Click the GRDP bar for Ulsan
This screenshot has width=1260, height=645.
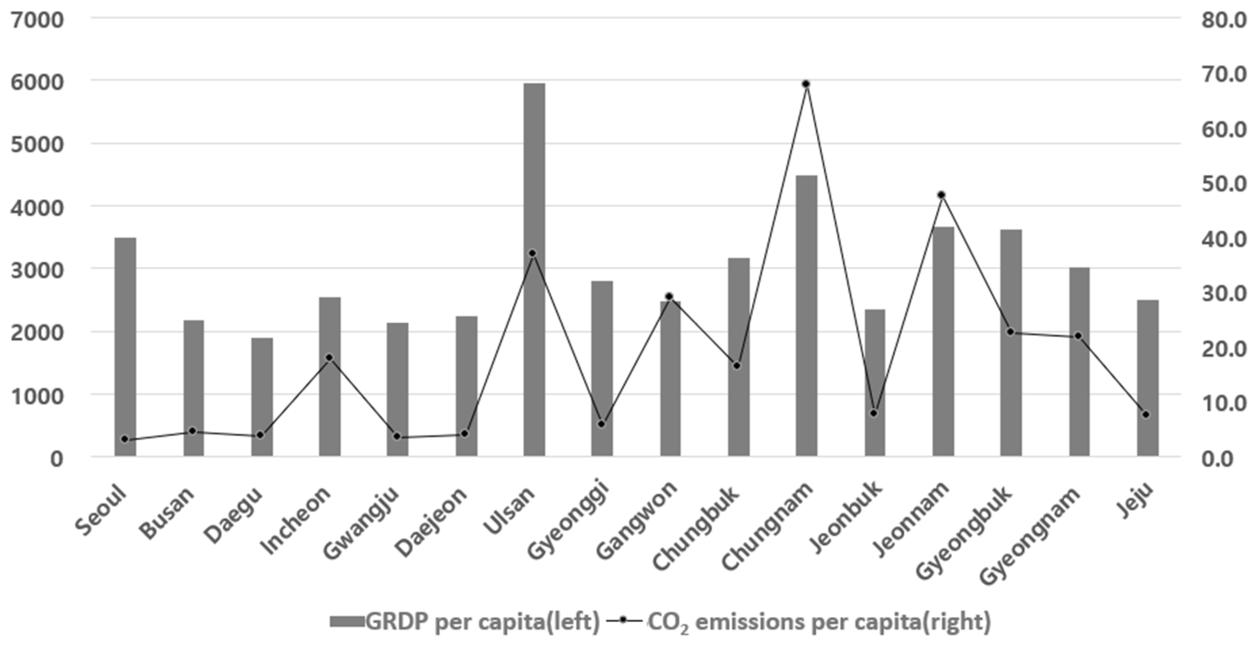tap(534, 269)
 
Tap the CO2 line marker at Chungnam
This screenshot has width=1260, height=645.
tap(806, 84)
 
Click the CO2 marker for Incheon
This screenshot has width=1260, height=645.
tap(329, 358)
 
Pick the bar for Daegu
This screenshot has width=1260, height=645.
tap(262, 396)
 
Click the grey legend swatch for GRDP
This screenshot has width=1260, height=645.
tap(347, 622)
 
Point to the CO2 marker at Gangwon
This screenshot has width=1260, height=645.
tap(670, 297)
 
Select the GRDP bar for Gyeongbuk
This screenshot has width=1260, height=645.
tap(1011, 342)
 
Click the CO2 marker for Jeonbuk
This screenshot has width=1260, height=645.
tap(874, 413)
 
